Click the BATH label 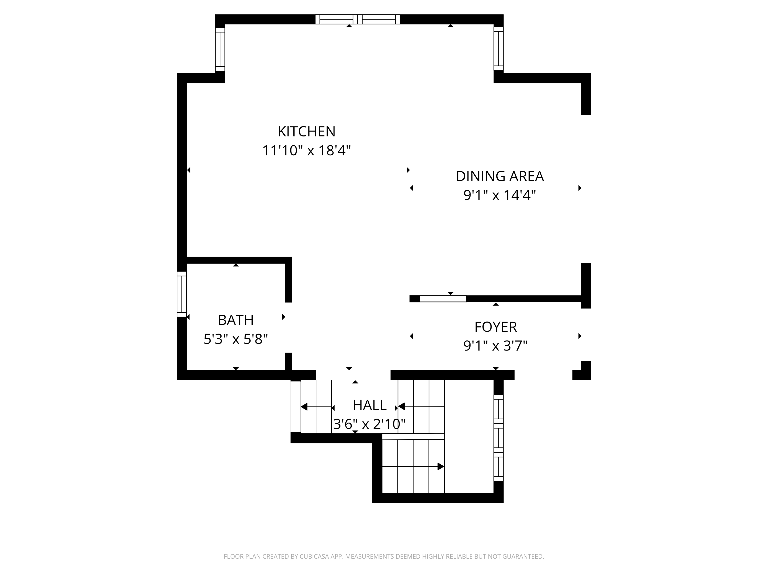coord(236,320)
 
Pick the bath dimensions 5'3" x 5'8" coord(236,339)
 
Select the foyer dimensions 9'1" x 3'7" coord(495,346)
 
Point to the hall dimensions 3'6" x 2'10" coord(369,424)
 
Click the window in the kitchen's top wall coord(357,19)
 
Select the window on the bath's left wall coord(182,294)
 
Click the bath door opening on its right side coord(288,327)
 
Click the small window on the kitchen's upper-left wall coord(220,49)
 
